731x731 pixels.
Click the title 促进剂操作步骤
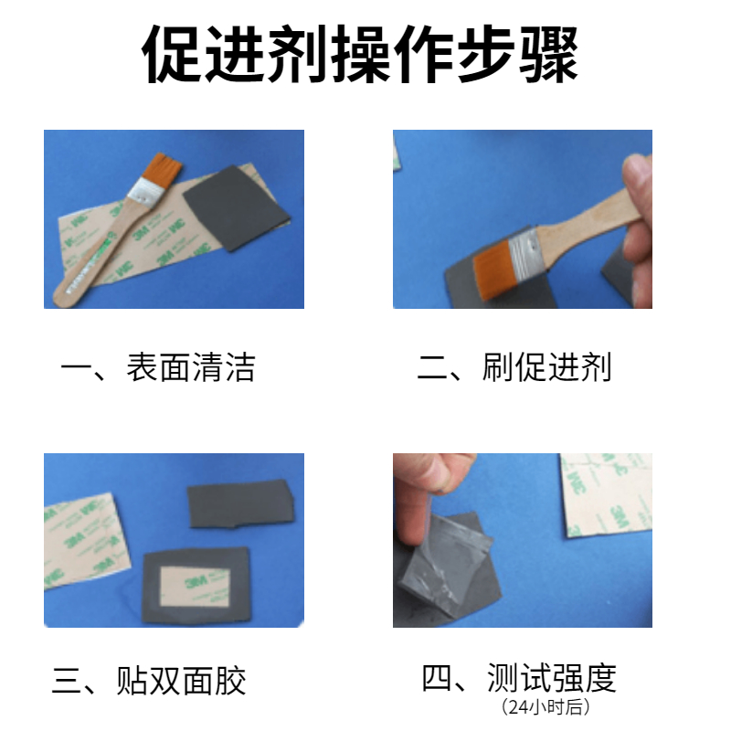(360, 55)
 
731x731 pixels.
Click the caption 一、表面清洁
(158, 367)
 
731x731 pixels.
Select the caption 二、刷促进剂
(514, 367)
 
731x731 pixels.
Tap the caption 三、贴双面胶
(149, 681)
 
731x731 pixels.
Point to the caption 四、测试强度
(519, 677)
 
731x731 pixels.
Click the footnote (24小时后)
(546, 706)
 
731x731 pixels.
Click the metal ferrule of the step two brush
(525, 252)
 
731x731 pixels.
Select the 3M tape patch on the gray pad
(195, 587)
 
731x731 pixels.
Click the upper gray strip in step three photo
(240, 504)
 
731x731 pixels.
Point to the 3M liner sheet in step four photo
(607, 495)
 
